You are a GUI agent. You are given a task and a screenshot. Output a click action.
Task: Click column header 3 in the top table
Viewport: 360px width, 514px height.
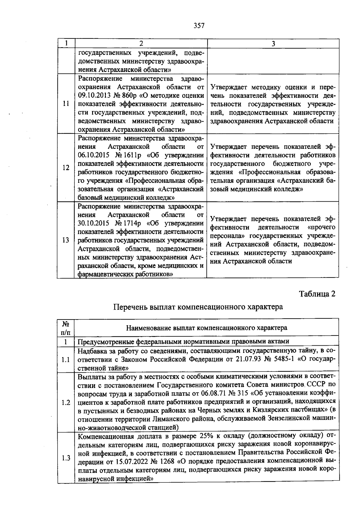(273, 44)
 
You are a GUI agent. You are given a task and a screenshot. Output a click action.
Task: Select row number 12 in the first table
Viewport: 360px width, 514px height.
(66, 168)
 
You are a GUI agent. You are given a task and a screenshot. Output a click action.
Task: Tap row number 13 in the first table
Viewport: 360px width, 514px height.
(66, 240)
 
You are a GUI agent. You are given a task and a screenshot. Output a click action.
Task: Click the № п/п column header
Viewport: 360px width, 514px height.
(66, 328)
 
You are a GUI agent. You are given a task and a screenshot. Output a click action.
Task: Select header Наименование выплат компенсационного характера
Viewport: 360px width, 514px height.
(206, 328)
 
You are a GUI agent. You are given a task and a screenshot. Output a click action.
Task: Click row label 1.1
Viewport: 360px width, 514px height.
(66, 360)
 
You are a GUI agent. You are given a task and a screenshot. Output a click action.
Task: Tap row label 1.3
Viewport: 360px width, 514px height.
(66, 458)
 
